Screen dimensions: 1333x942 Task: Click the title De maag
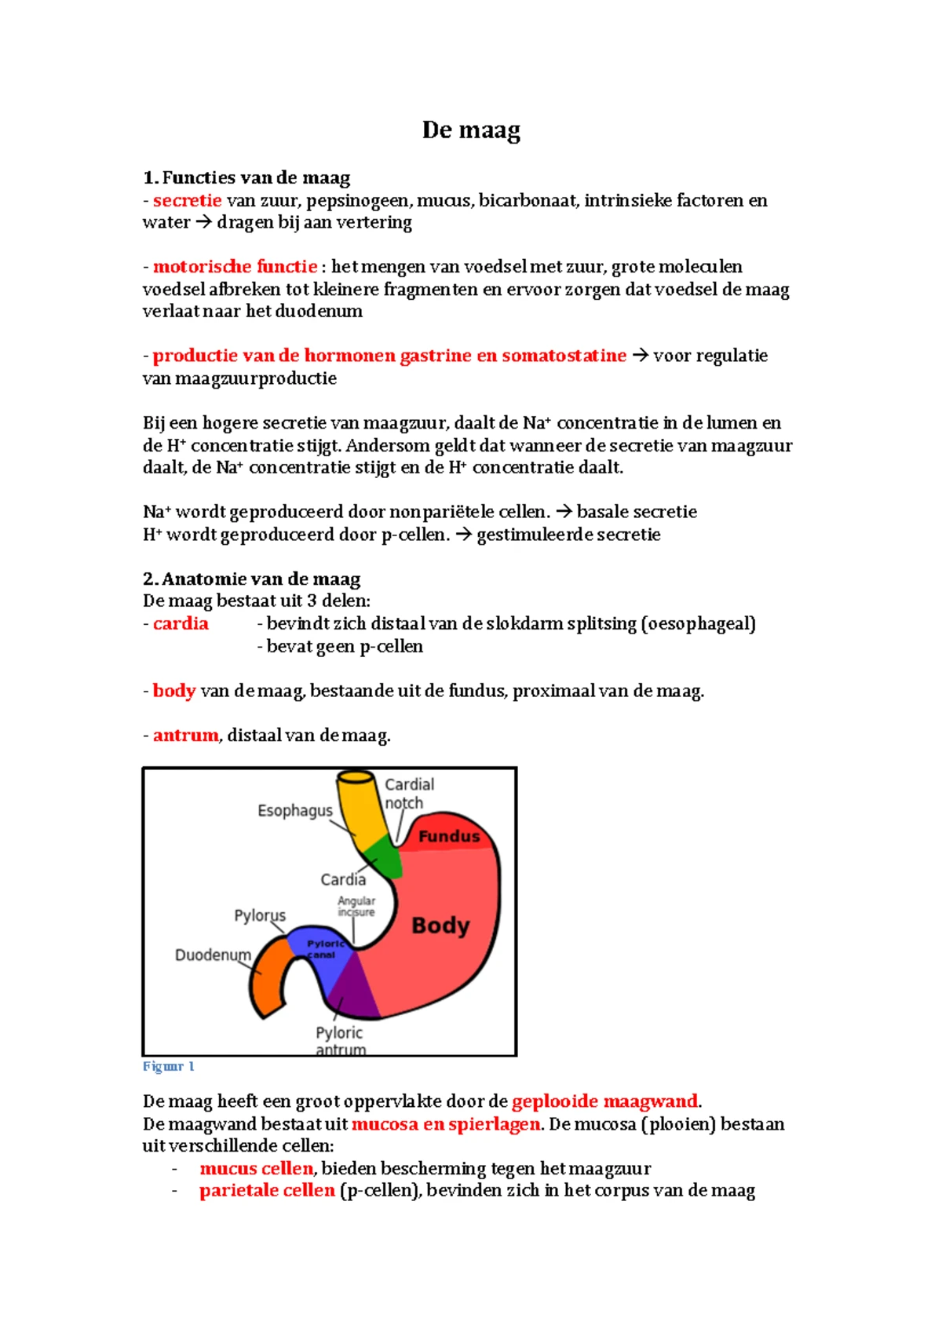click(x=471, y=130)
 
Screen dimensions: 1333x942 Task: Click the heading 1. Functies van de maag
click(x=246, y=177)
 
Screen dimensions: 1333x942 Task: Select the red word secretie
click(x=187, y=200)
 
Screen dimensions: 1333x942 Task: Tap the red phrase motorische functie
click(x=235, y=266)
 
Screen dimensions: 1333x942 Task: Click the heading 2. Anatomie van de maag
click(x=251, y=579)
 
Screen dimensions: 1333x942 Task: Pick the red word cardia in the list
click(x=181, y=623)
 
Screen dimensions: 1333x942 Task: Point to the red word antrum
click(x=185, y=735)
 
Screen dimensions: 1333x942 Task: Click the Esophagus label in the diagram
click(x=294, y=810)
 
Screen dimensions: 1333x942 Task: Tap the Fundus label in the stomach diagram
click(x=448, y=836)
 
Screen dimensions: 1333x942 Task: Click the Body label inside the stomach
click(x=440, y=926)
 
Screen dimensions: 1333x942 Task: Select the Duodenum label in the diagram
click(x=213, y=955)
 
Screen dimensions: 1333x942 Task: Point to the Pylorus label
click(x=260, y=915)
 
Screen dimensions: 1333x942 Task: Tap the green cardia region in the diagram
click(x=383, y=858)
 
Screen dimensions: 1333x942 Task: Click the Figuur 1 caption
click(x=168, y=1066)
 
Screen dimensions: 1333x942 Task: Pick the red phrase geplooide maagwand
click(x=604, y=1101)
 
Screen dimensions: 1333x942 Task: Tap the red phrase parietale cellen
click(x=267, y=1190)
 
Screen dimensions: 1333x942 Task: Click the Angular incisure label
click(x=356, y=906)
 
